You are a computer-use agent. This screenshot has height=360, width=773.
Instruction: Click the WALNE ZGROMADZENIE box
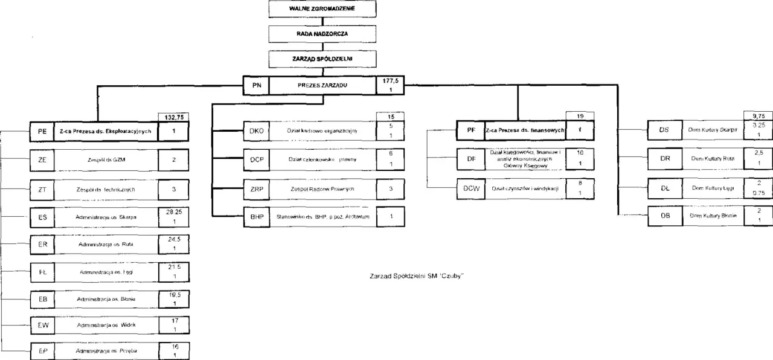click(322, 9)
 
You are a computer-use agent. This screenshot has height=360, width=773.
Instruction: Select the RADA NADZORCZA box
click(322, 34)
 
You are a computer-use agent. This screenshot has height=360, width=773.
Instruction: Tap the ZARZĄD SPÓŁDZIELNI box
click(322, 59)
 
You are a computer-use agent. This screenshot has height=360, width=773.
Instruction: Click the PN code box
click(256, 86)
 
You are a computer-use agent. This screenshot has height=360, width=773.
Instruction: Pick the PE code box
click(42, 130)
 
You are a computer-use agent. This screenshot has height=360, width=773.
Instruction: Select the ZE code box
click(42, 160)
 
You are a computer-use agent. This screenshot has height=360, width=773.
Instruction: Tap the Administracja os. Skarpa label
click(106, 216)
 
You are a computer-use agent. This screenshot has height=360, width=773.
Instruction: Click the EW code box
click(42, 325)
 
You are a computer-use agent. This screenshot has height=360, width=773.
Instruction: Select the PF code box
click(470, 130)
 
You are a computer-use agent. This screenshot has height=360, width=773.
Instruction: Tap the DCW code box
click(470, 188)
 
